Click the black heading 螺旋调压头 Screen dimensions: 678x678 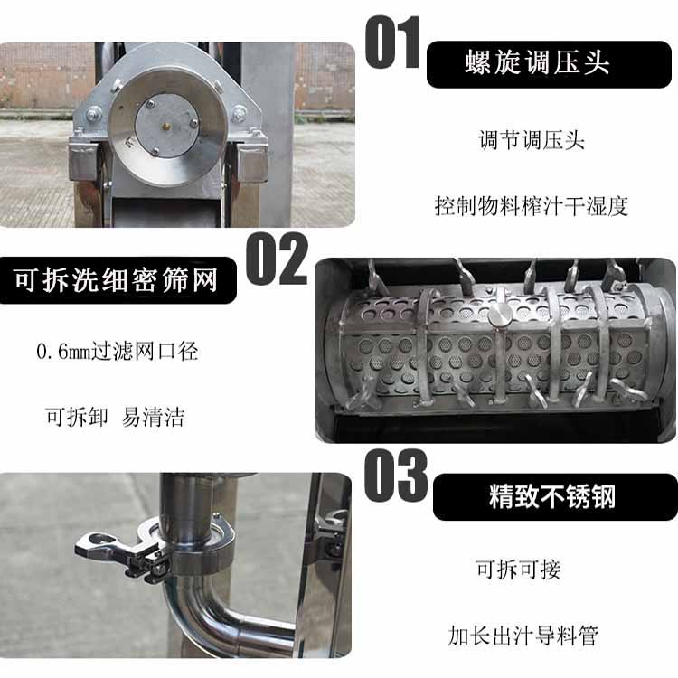click(x=536, y=63)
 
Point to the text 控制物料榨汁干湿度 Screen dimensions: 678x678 click(x=531, y=205)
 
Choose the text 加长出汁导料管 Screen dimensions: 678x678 click(x=523, y=636)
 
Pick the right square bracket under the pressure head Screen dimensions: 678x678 click(x=250, y=163)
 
